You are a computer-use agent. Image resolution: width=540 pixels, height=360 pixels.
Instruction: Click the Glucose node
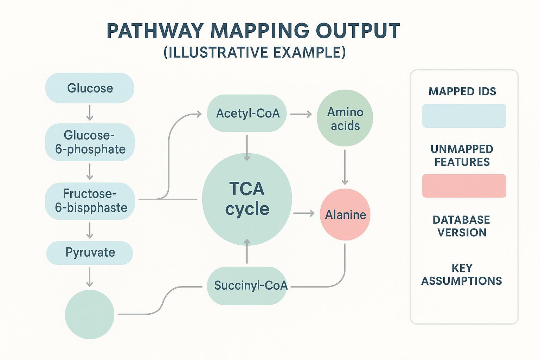(x=90, y=88)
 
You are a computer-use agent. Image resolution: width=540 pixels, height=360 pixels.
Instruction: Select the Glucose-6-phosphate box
(x=90, y=142)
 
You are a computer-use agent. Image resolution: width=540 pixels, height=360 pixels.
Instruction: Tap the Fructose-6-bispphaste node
(x=90, y=201)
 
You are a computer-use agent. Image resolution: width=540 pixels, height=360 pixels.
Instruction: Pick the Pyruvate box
(x=90, y=252)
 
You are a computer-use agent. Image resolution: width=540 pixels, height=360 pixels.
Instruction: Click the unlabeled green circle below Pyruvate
(x=90, y=314)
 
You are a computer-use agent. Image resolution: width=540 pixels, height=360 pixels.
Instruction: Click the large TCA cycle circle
(x=247, y=199)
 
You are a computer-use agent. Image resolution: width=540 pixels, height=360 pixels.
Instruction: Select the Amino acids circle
(x=345, y=118)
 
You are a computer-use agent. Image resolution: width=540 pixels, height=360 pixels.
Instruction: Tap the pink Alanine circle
(x=345, y=214)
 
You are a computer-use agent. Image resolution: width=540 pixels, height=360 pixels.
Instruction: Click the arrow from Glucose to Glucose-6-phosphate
(x=90, y=112)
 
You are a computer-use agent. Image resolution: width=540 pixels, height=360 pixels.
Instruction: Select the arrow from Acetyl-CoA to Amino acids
(x=301, y=114)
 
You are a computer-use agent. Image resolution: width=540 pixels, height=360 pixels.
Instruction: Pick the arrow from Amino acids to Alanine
(x=345, y=167)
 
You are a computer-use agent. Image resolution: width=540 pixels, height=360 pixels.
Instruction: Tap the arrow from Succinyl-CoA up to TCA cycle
(x=247, y=251)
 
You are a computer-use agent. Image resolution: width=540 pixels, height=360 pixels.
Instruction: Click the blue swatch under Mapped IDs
(x=464, y=116)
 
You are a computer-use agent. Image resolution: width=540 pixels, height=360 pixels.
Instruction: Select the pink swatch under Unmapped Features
(x=464, y=186)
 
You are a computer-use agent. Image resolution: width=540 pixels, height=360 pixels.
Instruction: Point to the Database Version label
(x=462, y=226)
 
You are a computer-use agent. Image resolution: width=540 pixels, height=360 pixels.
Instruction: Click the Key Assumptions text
(x=462, y=275)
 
